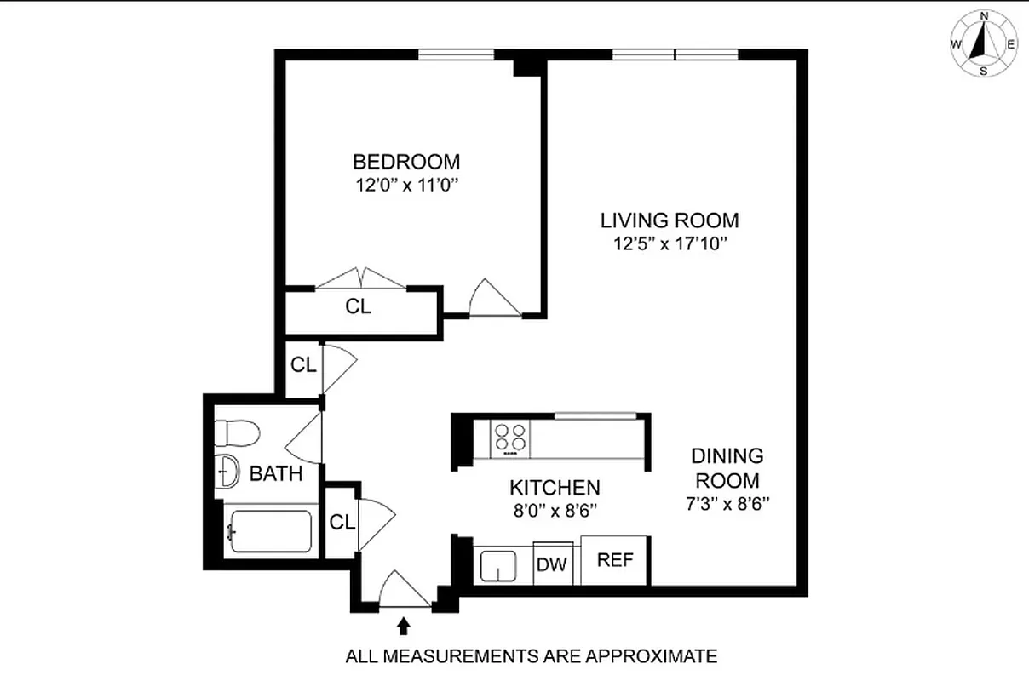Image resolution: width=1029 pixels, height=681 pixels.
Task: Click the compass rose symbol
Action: tap(984, 43)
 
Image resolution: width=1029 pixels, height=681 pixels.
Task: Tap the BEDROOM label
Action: tap(406, 161)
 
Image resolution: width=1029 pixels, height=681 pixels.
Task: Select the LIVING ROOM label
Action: tap(670, 220)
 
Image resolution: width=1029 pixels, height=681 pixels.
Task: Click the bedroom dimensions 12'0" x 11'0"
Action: tap(406, 186)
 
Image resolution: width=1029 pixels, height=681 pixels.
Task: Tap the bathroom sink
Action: tap(227, 471)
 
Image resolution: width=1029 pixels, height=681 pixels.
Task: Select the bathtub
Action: tap(270, 531)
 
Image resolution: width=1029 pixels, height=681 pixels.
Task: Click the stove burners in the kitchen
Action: tap(510, 438)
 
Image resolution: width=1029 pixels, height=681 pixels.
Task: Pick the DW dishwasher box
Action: tap(553, 563)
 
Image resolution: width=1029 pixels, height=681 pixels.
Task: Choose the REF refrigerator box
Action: tap(614, 560)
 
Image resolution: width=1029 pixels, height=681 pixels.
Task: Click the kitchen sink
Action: tap(497, 565)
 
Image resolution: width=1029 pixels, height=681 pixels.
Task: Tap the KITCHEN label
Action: tap(555, 488)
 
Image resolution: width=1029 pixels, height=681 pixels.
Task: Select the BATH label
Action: tap(275, 474)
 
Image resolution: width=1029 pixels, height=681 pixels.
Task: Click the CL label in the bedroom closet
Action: tap(359, 306)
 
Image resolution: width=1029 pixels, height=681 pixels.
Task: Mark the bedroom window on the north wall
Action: tap(456, 55)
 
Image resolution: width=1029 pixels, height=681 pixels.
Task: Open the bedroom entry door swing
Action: tap(494, 300)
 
